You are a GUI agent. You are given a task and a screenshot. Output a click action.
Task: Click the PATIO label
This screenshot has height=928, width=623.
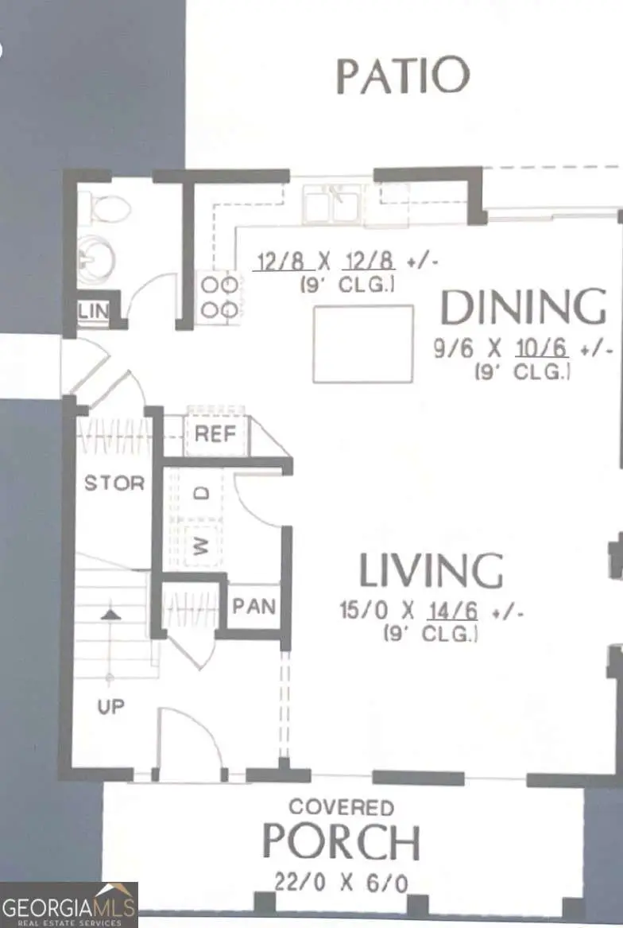(403, 76)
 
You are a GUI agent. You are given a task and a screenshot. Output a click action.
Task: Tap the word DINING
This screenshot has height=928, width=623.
(523, 308)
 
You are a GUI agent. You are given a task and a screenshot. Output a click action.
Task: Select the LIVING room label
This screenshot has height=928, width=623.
(431, 570)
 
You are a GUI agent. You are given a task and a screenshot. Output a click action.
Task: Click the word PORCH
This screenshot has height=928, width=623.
(342, 842)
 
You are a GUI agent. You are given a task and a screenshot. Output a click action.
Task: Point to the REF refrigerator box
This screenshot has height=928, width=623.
(217, 434)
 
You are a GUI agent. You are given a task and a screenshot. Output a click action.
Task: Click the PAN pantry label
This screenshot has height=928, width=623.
(253, 607)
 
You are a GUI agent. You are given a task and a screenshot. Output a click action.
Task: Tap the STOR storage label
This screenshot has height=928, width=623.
(114, 483)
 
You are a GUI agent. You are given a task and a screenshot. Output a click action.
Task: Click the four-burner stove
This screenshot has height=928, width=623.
(219, 297)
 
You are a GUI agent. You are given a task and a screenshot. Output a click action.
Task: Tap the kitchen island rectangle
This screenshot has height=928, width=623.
(363, 344)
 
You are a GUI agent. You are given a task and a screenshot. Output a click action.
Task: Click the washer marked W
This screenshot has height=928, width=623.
(202, 545)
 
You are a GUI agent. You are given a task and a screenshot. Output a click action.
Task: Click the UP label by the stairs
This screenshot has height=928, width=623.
(110, 705)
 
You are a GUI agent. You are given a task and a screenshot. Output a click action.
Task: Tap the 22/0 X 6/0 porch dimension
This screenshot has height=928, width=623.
(342, 882)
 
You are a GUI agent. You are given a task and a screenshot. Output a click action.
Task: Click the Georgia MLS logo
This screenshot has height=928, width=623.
(68, 905)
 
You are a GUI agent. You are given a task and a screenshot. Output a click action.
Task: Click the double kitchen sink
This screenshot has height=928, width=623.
(333, 204)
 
